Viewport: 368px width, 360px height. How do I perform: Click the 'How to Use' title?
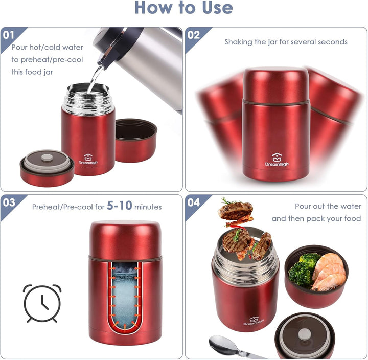pyautogui.click(x=184, y=7)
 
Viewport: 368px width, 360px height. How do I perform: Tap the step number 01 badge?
pyautogui.click(x=9, y=35)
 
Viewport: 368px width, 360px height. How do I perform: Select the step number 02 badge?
pyautogui.click(x=193, y=35)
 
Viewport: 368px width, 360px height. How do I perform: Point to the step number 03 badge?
pyautogui.click(x=9, y=202)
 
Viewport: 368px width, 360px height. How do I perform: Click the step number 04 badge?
pyautogui.click(x=194, y=202)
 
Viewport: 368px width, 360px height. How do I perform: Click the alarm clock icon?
pyautogui.click(x=42, y=303)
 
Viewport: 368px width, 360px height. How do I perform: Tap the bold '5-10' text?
pyautogui.click(x=120, y=206)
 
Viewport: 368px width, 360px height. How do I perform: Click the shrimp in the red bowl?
pyautogui.click(x=329, y=273)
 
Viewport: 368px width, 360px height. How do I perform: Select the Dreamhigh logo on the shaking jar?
pyautogui.click(x=277, y=160)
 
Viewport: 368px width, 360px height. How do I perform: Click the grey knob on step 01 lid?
pyautogui.click(x=47, y=157)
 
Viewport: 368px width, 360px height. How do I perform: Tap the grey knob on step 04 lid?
pyautogui.click(x=305, y=334)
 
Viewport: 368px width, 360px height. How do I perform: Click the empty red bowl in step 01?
pyautogui.click(x=136, y=141)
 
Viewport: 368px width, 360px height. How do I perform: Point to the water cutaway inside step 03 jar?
pyautogui.click(x=125, y=297)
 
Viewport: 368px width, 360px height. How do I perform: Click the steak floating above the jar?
pyautogui.click(x=236, y=211)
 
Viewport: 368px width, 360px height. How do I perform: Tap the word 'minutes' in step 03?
pyautogui.click(x=148, y=207)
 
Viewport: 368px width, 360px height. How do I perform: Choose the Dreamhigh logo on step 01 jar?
pyautogui.click(x=88, y=159)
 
